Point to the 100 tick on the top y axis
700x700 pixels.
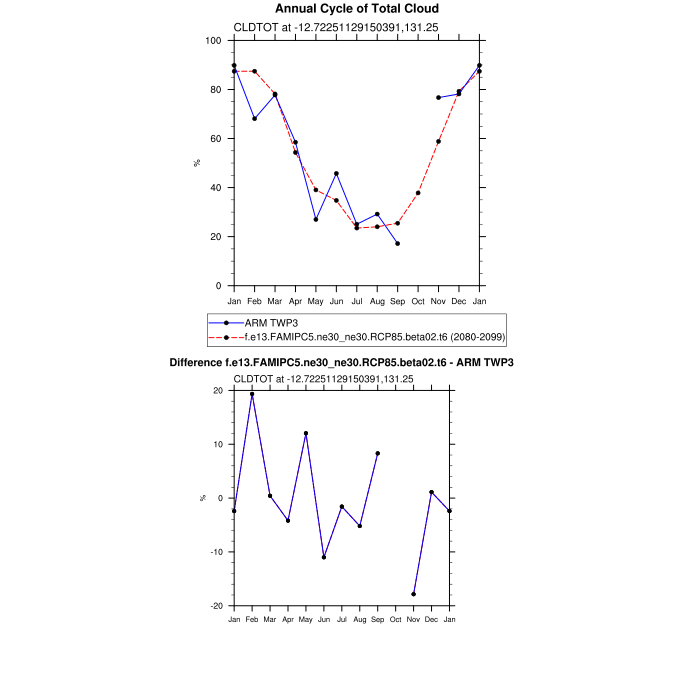tap(212, 41)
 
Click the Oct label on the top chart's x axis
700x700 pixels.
tap(418, 301)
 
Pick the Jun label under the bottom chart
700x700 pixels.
tap(324, 621)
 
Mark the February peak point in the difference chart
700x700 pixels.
tap(252, 394)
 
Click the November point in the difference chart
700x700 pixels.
tap(414, 594)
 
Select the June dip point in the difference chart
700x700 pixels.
tap(324, 557)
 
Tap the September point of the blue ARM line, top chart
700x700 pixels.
tap(397, 244)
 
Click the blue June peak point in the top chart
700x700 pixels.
tap(336, 174)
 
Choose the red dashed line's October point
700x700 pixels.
tap(418, 193)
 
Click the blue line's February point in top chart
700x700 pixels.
tap(254, 119)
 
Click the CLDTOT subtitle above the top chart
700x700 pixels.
tap(321, 27)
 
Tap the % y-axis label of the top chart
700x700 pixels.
tap(197, 163)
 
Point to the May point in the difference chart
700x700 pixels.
tap(306, 433)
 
